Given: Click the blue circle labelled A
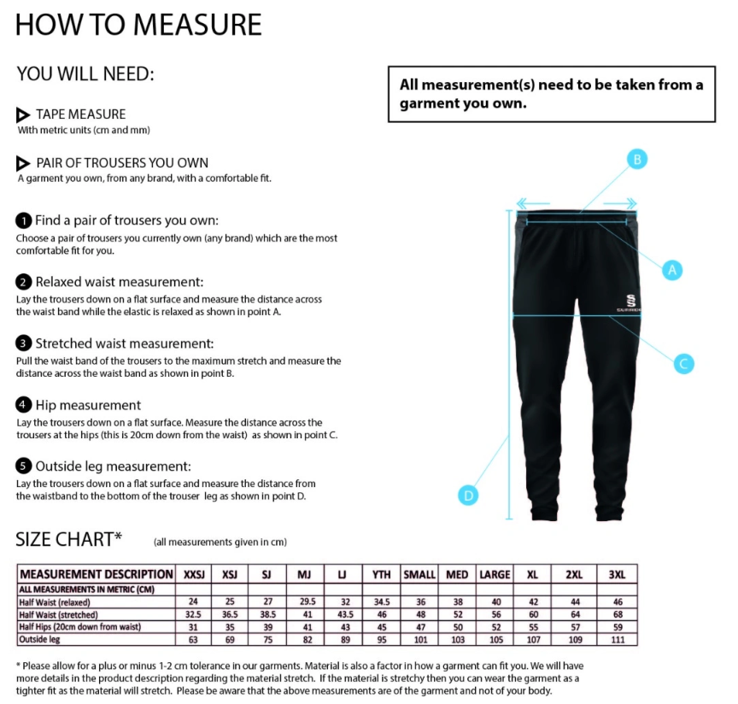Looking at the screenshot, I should coord(672,269).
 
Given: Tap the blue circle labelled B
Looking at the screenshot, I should coord(636,159).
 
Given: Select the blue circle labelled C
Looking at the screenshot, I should coord(682,363).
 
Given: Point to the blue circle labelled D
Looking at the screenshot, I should coord(467,495).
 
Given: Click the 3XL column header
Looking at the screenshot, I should coord(617,574).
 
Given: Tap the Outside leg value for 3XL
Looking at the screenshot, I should coord(617,639).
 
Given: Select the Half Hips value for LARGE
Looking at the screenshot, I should coord(495,627).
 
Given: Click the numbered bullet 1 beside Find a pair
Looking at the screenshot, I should coord(24,220).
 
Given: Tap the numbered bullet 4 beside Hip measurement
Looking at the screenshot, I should coord(24,405).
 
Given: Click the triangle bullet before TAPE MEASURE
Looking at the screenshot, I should coord(24,114).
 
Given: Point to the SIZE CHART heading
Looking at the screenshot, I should coord(68,539).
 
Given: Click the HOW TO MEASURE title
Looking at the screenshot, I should coord(138,25).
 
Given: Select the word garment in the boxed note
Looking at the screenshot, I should coord(426,103).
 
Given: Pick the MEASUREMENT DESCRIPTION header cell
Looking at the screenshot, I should coord(96,574).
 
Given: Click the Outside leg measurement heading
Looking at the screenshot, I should coord(113,466).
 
